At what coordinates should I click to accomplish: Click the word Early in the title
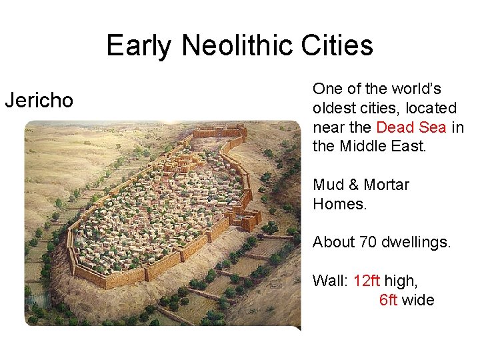click(139, 46)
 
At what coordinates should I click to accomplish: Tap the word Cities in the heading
click(340, 46)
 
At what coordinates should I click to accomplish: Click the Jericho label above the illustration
click(39, 101)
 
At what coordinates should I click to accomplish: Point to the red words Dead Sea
click(411, 127)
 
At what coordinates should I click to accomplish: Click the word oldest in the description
click(333, 108)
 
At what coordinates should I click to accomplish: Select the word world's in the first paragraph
click(415, 89)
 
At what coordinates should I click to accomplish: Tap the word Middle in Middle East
click(364, 146)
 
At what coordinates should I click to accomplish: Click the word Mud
click(329, 185)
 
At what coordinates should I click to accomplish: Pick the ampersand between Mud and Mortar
click(354, 185)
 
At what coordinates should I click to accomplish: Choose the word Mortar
click(387, 185)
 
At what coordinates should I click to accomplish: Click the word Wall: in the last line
click(330, 281)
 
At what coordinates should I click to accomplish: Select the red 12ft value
click(367, 281)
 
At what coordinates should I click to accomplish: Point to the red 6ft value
click(388, 300)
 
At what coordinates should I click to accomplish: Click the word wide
click(418, 300)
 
